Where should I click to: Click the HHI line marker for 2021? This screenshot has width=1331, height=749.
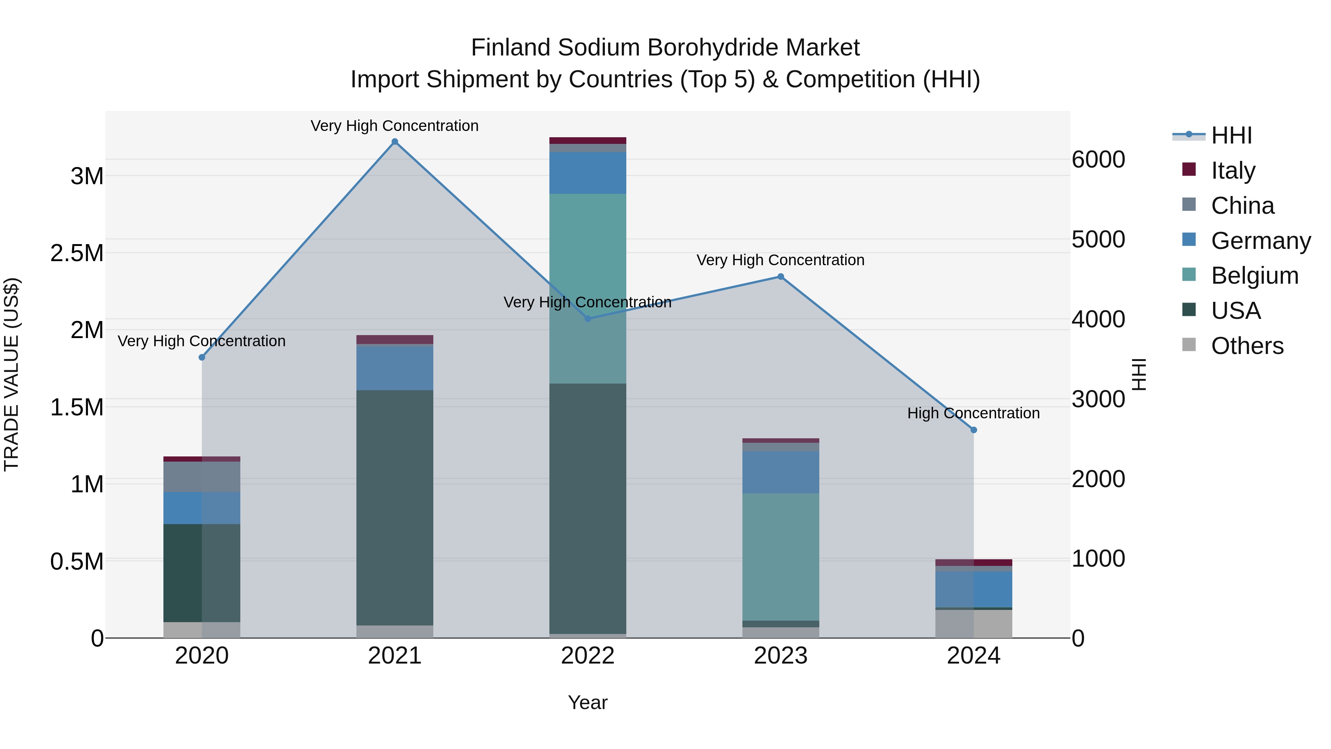[395, 142]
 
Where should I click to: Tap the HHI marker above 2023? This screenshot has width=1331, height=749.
[781, 277]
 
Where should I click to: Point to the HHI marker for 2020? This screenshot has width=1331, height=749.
[202, 358]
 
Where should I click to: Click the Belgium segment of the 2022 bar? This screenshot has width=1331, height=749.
[587, 289]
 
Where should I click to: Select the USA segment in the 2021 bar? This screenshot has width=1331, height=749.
[395, 507]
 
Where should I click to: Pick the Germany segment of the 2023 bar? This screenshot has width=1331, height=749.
[781, 472]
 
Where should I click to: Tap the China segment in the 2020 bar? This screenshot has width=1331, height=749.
[202, 477]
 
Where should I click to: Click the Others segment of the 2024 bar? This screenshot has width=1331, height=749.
[973, 624]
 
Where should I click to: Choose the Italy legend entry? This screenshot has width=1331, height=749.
[1233, 171]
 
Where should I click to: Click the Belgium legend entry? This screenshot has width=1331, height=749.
[1254, 276]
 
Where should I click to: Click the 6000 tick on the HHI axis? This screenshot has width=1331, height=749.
[1098, 160]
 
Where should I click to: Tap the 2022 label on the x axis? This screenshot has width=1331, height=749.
[587, 656]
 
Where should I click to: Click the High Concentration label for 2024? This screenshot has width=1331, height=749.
[973, 414]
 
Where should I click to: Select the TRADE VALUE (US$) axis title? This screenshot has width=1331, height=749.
[12, 374]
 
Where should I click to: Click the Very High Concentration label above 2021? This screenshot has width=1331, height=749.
[395, 126]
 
